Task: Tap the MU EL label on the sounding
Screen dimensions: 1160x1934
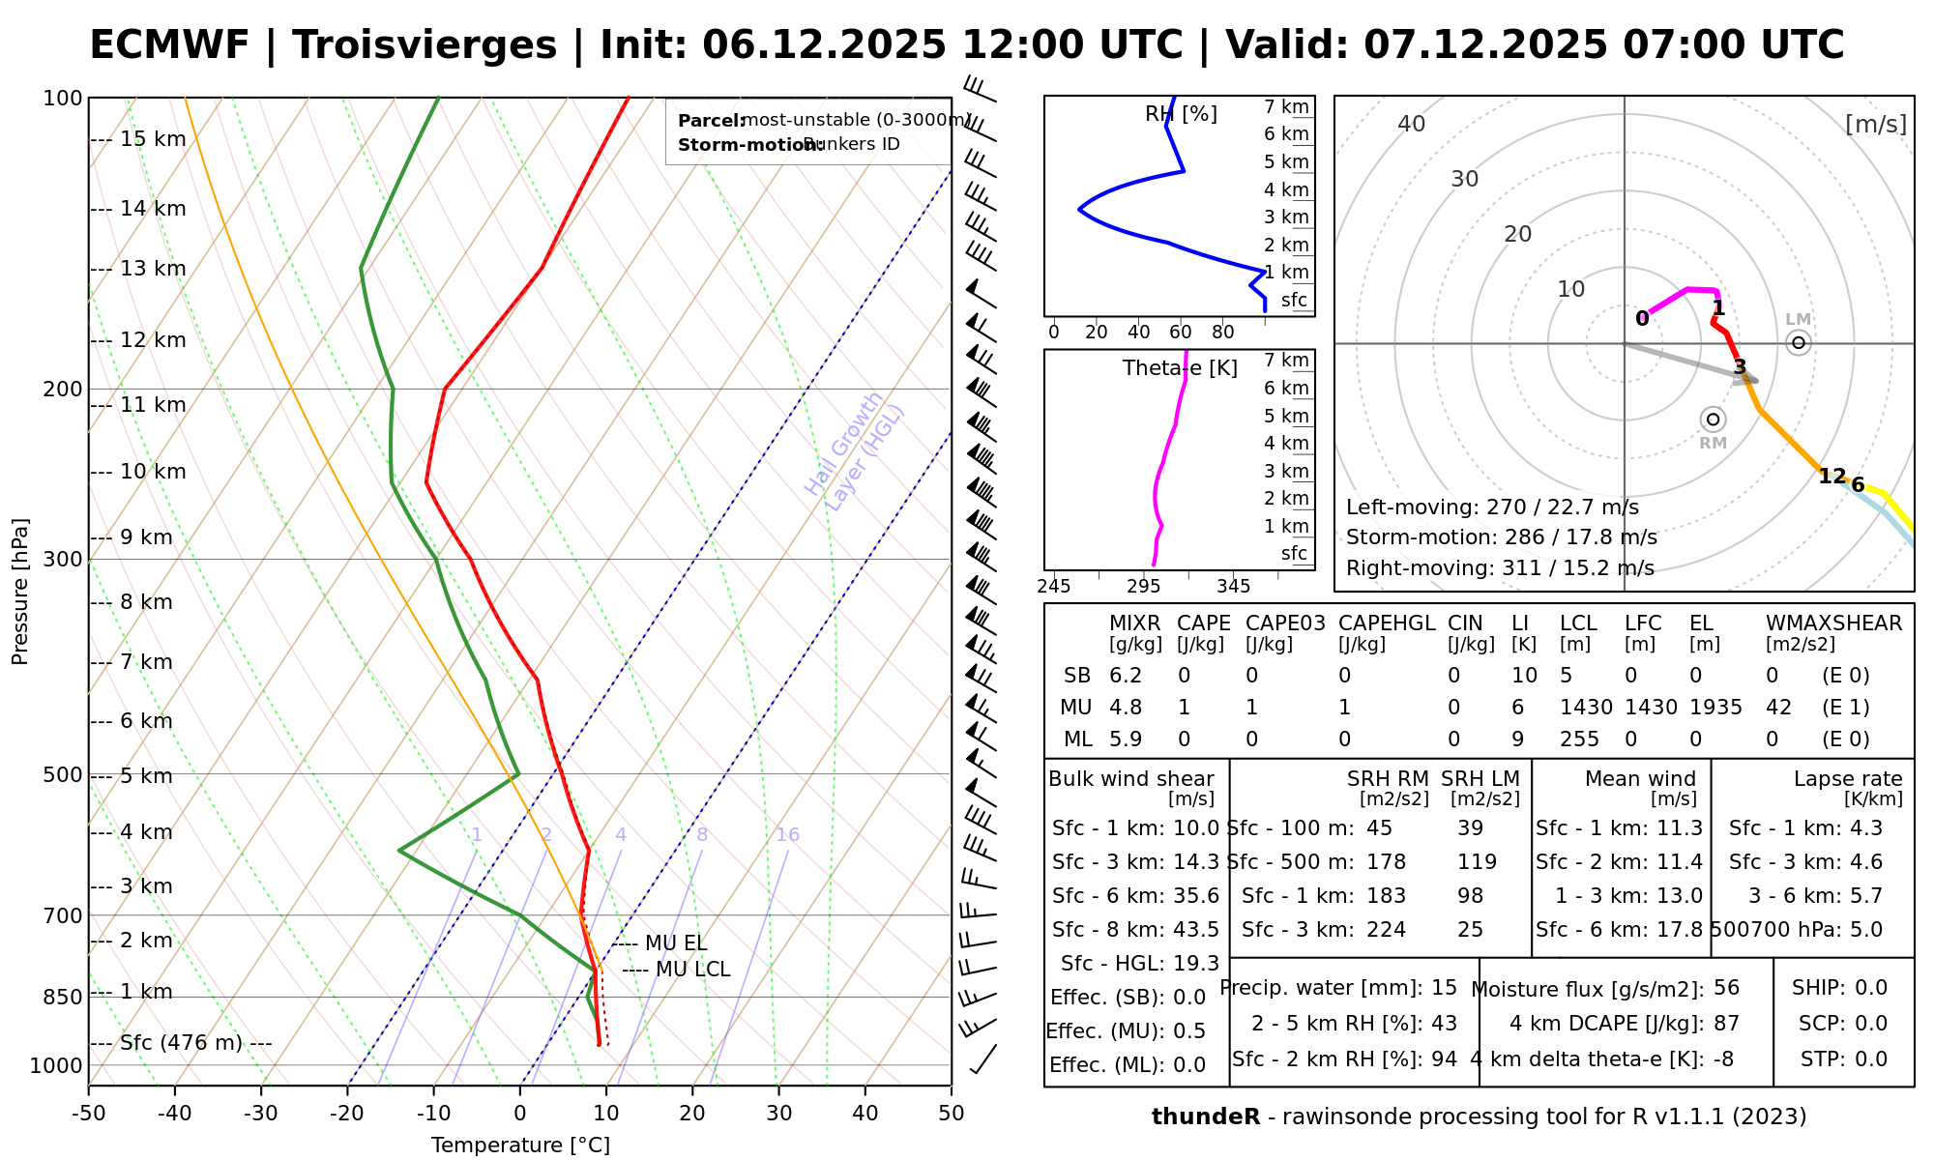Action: pyautogui.click(x=675, y=943)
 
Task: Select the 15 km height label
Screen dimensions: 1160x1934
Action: pyautogui.click(x=153, y=139)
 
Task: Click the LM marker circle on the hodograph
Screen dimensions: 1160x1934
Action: pyautogui.click(x=1798, y=342)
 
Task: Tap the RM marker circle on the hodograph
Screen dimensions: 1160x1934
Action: pyautogui.click(x=1713, y=419)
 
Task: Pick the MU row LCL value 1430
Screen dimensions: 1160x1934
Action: pyautogui.click(x=1586, y=708)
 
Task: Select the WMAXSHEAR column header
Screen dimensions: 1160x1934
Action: pyautogui.click(x=1833, y=623)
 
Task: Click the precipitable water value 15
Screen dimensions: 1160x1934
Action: pyautogui.click(x=1444, y=988)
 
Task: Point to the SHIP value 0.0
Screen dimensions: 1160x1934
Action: pyautogui.click(x=1870, y=988)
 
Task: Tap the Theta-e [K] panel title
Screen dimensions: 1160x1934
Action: pyautogui.click(x=1180, y=368)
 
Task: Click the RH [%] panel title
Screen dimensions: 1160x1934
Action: pyautogui.click(x=1181, y=114)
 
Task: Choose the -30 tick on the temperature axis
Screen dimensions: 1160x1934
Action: pyautogui.click(x=261, y=1114)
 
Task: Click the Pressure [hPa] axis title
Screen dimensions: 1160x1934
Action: pyautogui.click(x=20, y=592)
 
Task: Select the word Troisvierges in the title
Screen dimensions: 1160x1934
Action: pyautogui.click(x=425, y=45)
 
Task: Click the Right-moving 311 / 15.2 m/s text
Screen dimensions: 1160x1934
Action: pyautogui.click(x=1500, y=568)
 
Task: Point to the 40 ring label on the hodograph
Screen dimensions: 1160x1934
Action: pyautogui.click(x=1412, y=124)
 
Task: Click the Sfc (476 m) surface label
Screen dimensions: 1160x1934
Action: pyautogui.click(x=195, y=1043)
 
